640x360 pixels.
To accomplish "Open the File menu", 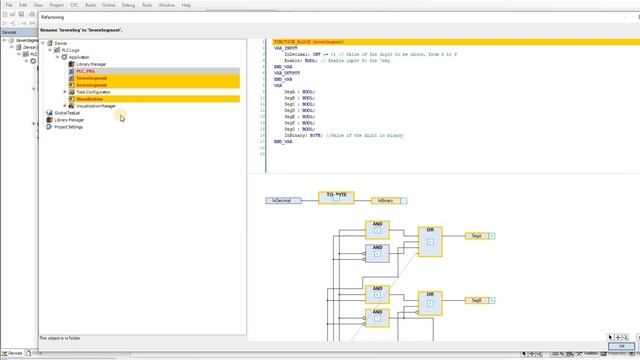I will tap(9, 5).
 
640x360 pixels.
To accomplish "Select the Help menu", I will tap(186, 5).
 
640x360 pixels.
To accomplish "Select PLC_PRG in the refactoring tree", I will tap(86, 71).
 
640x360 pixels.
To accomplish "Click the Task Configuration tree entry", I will tap(93, 92).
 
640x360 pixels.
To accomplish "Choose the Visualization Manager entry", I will tap(96, 106).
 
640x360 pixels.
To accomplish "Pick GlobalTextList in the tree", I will tap(69, 113).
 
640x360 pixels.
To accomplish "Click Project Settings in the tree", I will tap(69, 127).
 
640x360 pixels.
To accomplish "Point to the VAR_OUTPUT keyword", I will tap(287, 74).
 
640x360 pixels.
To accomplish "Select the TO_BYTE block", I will tap(336, 197).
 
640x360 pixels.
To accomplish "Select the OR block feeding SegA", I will tap(430, 241).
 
